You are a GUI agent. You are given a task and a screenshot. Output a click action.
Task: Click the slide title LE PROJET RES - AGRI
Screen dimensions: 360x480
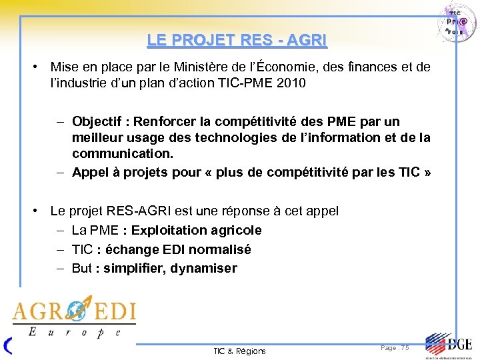click(x=237, y=40)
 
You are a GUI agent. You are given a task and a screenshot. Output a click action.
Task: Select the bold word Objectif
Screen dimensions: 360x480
click(x=100, y=122)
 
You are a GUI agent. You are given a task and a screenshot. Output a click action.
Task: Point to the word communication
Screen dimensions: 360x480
click(x=123, y=154)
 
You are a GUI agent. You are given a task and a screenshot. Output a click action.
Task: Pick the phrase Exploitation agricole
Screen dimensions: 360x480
click(x=197, y=231)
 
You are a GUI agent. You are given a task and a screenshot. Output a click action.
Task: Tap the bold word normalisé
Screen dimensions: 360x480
click(x=219, y=250)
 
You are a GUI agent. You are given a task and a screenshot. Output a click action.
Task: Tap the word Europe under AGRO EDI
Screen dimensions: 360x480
click(x=74, y=331)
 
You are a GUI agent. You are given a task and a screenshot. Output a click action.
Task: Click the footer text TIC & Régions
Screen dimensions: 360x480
click(x=239, y=351)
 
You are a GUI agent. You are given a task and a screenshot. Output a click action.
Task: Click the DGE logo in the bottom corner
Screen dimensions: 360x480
click(x=448, y=345)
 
